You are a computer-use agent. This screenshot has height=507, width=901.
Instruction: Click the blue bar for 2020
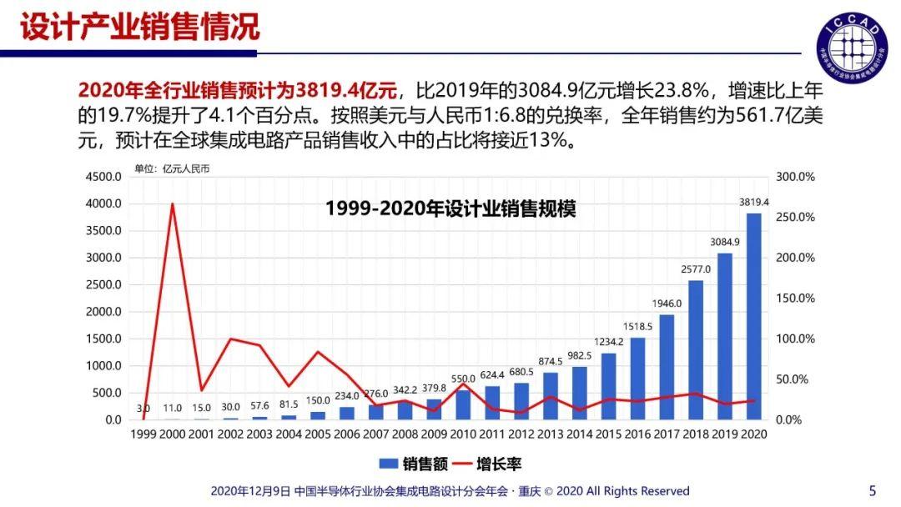(753, 317)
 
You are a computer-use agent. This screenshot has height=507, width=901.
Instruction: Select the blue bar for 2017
(667, 367)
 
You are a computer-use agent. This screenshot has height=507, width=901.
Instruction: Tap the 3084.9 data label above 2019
(725, 243)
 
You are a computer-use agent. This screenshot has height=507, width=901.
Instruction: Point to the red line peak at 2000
(172, 203)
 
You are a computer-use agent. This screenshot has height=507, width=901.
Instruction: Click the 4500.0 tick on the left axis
(105, 177)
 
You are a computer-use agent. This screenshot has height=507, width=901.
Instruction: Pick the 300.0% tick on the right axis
(794, 177)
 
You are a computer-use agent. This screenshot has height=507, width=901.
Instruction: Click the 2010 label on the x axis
(462, 434)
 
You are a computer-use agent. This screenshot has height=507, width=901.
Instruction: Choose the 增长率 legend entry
(487, 464)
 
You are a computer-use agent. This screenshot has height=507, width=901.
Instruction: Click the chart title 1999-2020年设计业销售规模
(450, 208)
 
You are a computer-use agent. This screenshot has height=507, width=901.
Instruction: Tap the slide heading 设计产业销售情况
(140, 27)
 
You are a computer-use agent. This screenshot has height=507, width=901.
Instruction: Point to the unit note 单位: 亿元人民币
(173, 168)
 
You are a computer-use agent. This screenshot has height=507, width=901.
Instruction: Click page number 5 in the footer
(873, 490)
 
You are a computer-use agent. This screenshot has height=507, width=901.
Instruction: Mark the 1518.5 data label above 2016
(638, 327)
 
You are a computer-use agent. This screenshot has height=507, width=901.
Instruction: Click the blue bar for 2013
(551, 395)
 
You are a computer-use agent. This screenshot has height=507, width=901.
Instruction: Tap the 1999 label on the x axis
(143, 434)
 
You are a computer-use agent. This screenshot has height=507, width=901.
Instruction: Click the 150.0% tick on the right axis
(794, 299)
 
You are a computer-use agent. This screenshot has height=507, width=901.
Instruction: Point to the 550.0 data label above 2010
(463, 379)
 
